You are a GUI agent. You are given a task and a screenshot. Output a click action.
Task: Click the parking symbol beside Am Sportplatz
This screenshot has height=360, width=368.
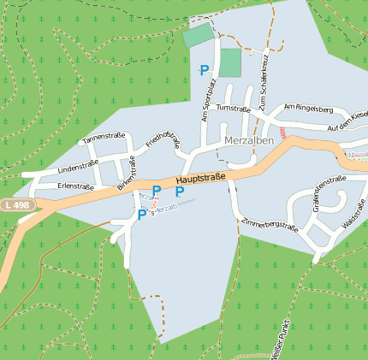(x=205, y=70)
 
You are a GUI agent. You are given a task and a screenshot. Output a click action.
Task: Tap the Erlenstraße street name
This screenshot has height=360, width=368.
(x=75, y=186)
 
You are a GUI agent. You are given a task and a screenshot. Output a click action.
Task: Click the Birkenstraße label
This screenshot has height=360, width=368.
(x=127, y=171)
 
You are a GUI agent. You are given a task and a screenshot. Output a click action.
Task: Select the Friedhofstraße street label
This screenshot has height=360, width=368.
(x=163, y=137)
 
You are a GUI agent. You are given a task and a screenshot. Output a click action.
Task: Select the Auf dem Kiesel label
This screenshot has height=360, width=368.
(x=345, y=122)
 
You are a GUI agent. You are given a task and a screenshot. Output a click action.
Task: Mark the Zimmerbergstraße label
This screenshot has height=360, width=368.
(x=270, y=224)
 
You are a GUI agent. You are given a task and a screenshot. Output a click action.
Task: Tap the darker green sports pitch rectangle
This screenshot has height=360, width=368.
(x=230, y=63)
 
